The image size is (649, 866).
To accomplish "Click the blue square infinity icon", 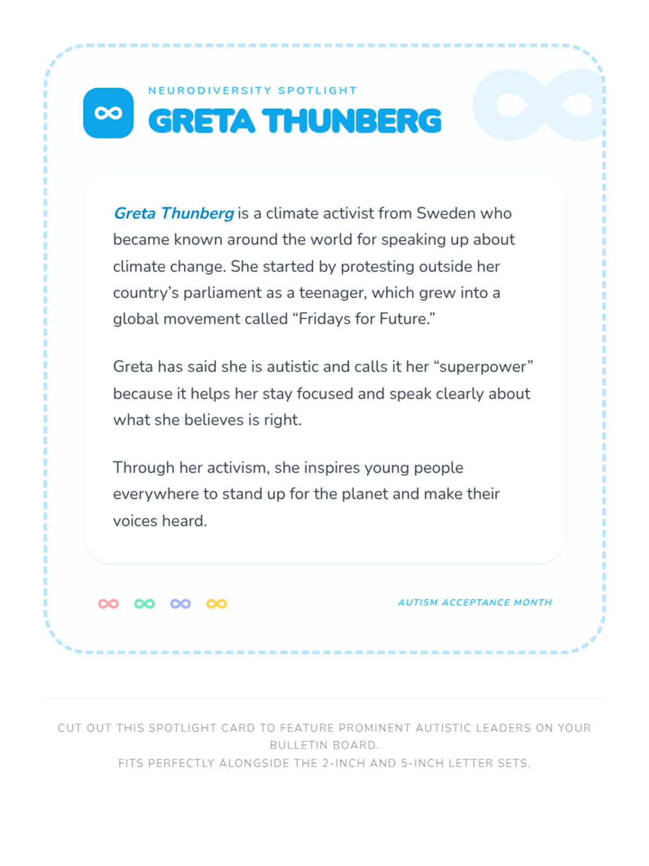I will (108, 113).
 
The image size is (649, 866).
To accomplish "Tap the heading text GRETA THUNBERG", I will (295, 121).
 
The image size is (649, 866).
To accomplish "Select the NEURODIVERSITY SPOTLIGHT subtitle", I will (253, 90).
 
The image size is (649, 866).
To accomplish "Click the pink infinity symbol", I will (108, 603).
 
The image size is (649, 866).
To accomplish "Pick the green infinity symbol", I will (144, 603).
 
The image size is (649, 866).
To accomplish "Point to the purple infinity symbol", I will (181, 603).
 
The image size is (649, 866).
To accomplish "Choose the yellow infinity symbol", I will (216, 603).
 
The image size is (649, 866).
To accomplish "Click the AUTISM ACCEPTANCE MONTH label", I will (475, 602).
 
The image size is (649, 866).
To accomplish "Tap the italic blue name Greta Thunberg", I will (174, 213).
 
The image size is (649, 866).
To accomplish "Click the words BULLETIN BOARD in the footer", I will (324, 745).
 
